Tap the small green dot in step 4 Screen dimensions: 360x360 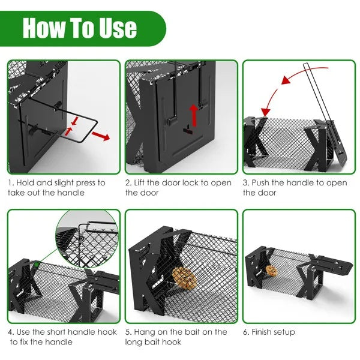pos(37,262)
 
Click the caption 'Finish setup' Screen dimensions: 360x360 pos(269,332)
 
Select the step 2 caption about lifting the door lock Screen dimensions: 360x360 pos(178,187)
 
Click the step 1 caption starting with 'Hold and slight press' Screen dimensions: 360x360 pos(56,187)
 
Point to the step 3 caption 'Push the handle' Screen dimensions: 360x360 pos(295,187)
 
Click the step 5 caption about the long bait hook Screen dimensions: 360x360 pos(176,337)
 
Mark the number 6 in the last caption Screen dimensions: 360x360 pos(246,332)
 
